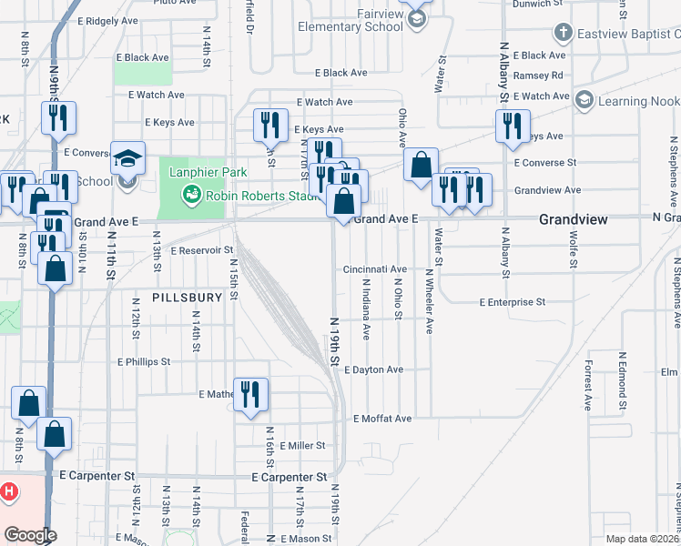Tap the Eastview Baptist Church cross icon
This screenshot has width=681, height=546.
[564, 34]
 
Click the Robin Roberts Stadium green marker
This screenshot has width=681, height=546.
[190, 193]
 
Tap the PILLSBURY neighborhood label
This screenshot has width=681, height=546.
[187, 298]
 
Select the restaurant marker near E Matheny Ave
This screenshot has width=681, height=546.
[250, 394]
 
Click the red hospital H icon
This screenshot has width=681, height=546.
[8, 492]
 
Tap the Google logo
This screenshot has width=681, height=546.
[29, 535]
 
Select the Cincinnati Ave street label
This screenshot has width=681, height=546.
[374, 269]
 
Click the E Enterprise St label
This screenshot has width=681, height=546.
[513, 301]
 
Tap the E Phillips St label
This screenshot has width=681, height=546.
[143, 361]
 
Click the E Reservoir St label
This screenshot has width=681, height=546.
[201, 249]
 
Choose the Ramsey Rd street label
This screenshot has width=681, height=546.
[538, 76]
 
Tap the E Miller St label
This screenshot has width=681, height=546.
[303, 445]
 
